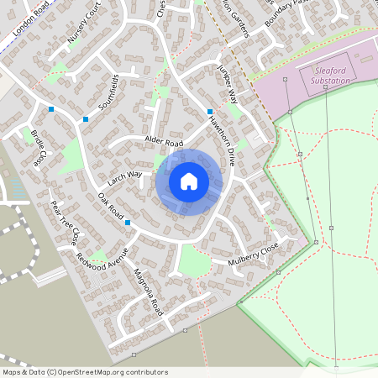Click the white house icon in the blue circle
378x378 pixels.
pos(189,181)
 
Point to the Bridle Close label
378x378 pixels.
pos(39,148)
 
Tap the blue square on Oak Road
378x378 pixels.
pos(128,223)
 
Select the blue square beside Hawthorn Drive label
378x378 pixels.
pos(210,111)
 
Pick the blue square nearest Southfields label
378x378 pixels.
pos(85,119)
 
